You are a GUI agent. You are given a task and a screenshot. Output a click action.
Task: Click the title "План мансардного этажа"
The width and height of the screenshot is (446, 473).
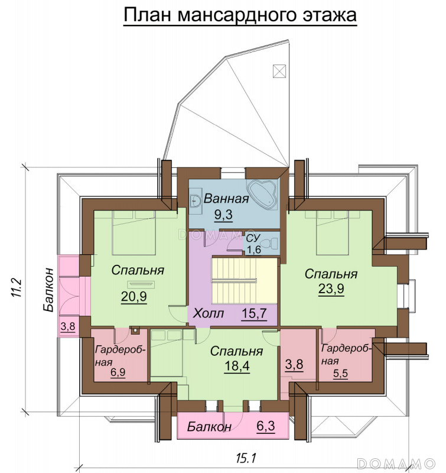[240, 15]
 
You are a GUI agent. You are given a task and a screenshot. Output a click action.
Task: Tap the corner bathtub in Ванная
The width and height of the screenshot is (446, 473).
[262, 195]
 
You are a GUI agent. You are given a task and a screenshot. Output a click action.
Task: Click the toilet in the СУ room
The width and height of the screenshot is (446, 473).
[271, 243]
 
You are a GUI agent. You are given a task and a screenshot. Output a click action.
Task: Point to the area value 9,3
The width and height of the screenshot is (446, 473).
[223, 215]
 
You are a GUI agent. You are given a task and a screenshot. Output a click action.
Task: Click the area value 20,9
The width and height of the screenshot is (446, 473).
[134, 297]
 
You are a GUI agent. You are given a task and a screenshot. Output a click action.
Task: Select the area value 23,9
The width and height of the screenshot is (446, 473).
[331, 289]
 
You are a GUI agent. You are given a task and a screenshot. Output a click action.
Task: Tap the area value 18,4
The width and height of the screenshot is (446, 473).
[237, 366]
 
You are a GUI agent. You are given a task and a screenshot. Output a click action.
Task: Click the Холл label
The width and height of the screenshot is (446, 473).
[209, 313]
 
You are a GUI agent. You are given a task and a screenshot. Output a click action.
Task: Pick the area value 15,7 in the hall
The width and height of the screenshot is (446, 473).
[254, 313]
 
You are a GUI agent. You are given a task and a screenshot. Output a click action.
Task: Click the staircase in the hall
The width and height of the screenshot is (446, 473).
[244, 280]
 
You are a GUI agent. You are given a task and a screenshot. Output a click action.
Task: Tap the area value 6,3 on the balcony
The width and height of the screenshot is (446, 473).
[265, 426]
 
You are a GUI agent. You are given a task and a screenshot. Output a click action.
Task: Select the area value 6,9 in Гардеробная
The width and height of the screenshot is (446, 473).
[118, 372]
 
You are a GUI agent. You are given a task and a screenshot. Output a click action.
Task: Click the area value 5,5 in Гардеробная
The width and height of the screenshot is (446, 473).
[340, 374]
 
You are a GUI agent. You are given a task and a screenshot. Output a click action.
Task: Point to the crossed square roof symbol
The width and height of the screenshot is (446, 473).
[279, 71]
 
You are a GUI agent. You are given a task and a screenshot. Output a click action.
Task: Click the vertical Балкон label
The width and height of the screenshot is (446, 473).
[48, 290]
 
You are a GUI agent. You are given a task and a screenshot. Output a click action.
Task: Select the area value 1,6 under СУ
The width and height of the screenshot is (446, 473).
[254, 250]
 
